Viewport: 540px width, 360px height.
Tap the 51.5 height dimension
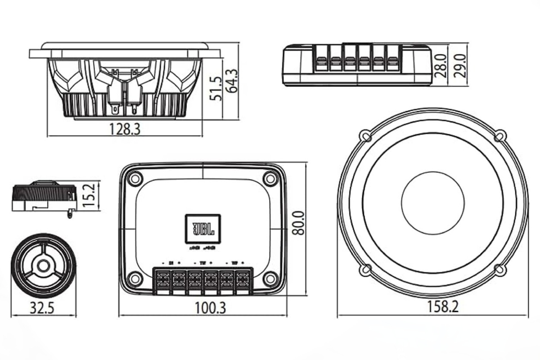[217, 88]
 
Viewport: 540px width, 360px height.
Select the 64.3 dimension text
[232, 81]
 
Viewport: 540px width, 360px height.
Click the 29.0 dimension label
[459, 66]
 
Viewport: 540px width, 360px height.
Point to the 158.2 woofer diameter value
[443, 308]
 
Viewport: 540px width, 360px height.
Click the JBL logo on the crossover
[203, 229]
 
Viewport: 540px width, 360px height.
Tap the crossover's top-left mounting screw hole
[135, 179]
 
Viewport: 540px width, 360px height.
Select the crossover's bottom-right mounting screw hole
[270, 279]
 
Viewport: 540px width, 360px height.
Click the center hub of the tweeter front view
[43, 265]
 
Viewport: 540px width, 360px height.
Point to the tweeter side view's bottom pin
[69, 215]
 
